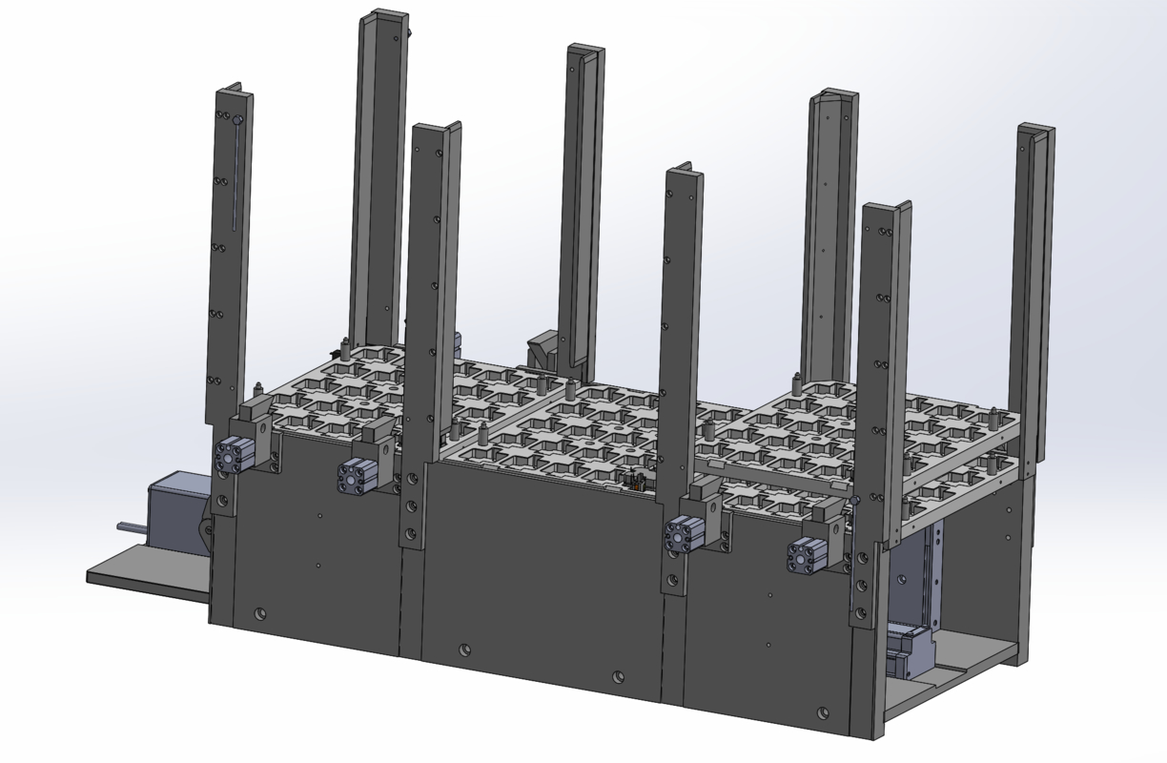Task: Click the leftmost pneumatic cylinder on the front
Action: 234,456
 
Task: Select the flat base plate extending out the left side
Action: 143,576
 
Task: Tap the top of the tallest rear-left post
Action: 384,17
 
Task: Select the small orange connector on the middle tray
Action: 631,485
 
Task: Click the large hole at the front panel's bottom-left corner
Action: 260,612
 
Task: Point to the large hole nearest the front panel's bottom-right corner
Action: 822,711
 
